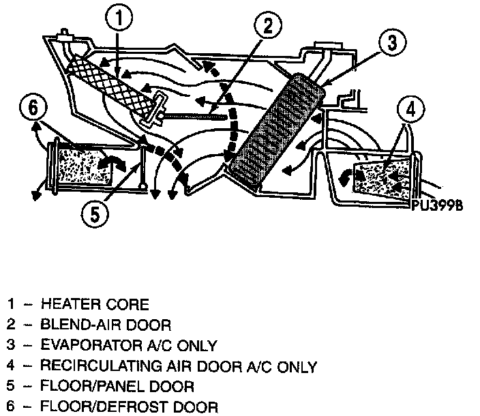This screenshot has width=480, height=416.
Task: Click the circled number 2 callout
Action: click(267, 28)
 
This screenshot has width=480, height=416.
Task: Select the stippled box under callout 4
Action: click(386, 176)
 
